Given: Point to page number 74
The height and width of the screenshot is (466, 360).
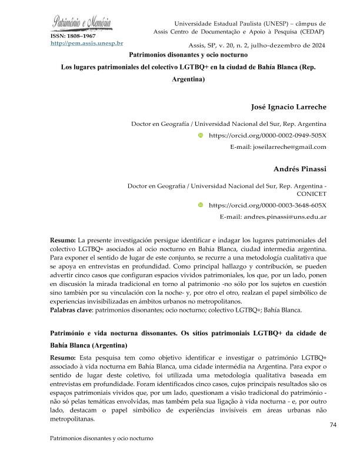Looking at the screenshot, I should click(x=333, y=424).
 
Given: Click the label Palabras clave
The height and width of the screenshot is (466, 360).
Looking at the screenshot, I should click(x=71, y=309).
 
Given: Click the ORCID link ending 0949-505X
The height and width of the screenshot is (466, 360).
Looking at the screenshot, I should click(x=268, y=135).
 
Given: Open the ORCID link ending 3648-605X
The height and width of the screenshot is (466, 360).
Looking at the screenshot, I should click(x=268, y=205).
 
